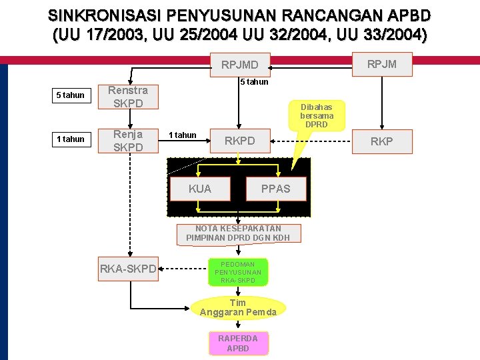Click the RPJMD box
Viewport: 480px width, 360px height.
[240, 65]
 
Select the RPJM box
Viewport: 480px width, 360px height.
[381, 64]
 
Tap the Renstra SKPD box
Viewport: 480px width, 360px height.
[128, 97]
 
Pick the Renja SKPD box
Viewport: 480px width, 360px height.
[128, 141]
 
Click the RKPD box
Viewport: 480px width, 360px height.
[239, 141]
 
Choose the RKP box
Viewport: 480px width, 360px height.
[381, 141]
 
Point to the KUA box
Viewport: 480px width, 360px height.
[199, 189]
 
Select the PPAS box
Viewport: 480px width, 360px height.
[276, 189]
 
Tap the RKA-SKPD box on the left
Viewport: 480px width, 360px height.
[128, 269]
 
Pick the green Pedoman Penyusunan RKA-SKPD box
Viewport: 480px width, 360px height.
[238, 272]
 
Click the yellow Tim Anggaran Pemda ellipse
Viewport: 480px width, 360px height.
[238, 307]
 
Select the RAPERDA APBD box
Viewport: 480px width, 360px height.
[238, 343]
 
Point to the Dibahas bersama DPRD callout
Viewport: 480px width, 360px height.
[317, 116]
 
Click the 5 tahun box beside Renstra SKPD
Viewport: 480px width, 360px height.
[70, 95]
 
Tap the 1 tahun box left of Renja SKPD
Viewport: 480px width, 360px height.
[70, 139]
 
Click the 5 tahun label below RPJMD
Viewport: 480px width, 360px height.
[254, 82]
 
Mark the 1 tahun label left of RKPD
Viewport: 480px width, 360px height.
[182, 135]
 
